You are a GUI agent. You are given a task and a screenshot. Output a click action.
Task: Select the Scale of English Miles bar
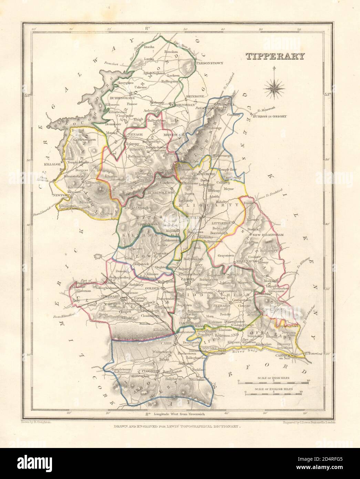pos(274,394)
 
